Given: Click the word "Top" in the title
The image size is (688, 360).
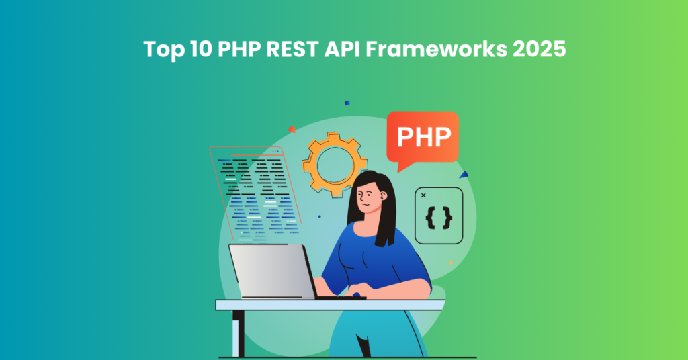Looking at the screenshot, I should point(162,50).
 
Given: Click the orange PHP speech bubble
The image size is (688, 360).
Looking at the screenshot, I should point(423,138).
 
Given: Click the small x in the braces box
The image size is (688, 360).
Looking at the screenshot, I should point(423,195).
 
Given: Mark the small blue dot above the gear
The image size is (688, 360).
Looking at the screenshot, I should point(347,103).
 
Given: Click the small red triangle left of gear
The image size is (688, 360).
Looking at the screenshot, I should point(292,129).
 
